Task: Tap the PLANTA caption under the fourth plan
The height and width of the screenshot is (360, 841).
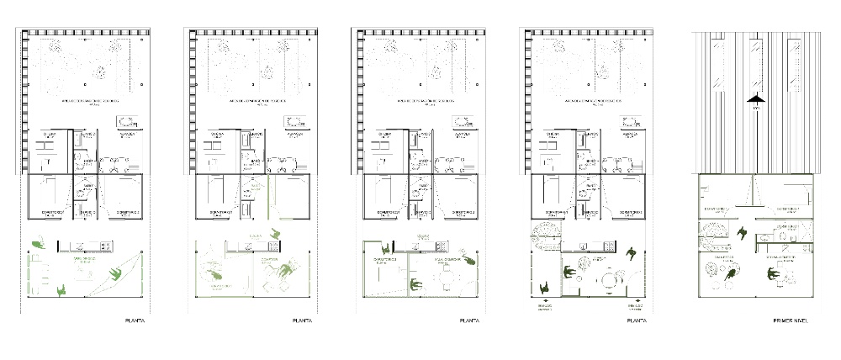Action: (637, 320)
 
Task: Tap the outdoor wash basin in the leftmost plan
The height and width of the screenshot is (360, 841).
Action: (129, 120)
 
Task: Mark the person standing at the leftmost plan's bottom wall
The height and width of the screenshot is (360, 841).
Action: (62, 290)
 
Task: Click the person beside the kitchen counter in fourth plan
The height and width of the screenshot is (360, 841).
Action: (631, 253)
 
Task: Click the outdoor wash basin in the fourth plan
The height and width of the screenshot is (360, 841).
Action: (630, 120)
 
